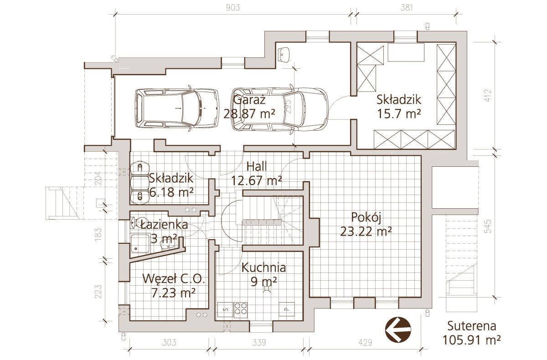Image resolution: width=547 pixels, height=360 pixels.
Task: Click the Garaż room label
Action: coord(249,100)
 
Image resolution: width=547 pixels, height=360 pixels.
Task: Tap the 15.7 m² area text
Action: coord(399,113)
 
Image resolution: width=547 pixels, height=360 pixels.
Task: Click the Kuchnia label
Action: coord(263,267)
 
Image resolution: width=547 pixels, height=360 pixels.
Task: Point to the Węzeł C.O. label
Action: coord(173,279)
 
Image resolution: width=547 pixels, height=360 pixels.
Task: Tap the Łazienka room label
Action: coord(165,225)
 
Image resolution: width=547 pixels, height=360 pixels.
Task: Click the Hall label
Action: coord(256,166)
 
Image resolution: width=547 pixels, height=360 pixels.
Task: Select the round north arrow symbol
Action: coord(398,329)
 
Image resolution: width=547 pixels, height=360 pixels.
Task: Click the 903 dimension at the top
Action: coord(233,8)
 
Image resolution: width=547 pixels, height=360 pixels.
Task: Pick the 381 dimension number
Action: coord(406,8)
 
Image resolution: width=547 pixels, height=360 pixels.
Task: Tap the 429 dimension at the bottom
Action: coord(365,343)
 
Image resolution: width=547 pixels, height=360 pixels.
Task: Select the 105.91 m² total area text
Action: coord(472,340)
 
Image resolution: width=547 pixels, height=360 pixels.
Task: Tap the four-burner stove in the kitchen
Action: coord(241,310)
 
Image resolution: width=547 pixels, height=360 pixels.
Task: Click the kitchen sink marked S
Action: coord(225,310)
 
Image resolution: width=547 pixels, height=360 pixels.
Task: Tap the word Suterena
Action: coord(471,326)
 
